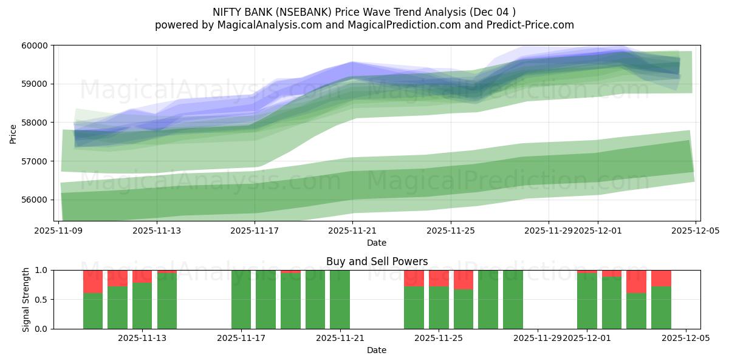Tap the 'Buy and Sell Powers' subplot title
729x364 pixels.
[377, 261]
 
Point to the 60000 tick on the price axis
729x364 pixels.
[35, 45]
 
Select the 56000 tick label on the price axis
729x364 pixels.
[35, 200]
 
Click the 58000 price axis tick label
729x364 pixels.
[35, 123]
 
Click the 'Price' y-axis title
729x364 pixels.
[13, 133]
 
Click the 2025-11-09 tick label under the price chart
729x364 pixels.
[59, 231]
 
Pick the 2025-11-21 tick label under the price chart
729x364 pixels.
[353, 231]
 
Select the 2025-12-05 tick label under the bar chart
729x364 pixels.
[686, 338]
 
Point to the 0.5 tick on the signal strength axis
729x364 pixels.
[42, 300]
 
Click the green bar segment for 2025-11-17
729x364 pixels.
[241, 300]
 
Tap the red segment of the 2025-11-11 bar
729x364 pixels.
[93, 281]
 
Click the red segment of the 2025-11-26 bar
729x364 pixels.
[464, 280]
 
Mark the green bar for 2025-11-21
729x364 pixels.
[340, 300]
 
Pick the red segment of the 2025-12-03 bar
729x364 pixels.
[636, 281]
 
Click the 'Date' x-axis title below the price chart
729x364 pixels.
[377, 243]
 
